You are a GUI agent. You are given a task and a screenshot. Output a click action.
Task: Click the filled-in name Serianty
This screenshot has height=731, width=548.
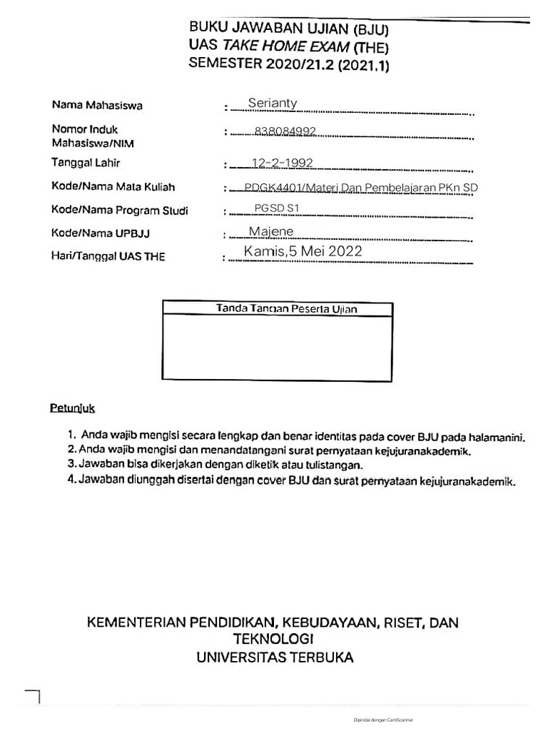click(273, 104)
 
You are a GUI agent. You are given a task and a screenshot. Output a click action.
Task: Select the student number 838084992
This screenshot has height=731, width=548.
click(285, 131)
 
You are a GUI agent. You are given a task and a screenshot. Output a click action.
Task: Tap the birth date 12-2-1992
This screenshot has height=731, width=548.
click(283, 163)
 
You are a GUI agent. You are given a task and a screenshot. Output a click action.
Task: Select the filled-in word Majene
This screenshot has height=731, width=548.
click(271, 231)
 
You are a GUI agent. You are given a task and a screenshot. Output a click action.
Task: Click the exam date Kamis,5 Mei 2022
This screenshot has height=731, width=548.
click(303, 251)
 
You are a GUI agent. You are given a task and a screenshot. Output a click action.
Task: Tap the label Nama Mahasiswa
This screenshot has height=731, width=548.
click(97, 106)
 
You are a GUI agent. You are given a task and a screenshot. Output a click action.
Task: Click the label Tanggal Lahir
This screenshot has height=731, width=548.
click(86, 163)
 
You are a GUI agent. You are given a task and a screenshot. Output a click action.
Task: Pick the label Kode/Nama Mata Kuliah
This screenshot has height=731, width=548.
click(113, 187)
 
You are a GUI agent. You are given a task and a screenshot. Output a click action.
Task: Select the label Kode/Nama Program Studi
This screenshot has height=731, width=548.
click(120, 211)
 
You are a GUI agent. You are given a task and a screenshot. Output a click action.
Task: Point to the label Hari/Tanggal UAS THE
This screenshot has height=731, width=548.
click(108, 256)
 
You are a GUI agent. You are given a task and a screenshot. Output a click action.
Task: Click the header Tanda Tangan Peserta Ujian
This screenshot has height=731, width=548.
click(286, 309)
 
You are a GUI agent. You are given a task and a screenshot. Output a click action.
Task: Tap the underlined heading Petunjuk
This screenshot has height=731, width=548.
click(72, 409)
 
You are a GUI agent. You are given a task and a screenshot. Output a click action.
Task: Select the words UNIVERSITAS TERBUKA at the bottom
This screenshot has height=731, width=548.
click(275, 657)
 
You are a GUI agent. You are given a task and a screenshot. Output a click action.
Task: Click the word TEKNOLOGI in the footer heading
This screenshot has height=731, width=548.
click(273, 639)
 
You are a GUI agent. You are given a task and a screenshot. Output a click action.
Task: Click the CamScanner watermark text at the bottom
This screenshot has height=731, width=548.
click(383, 720)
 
